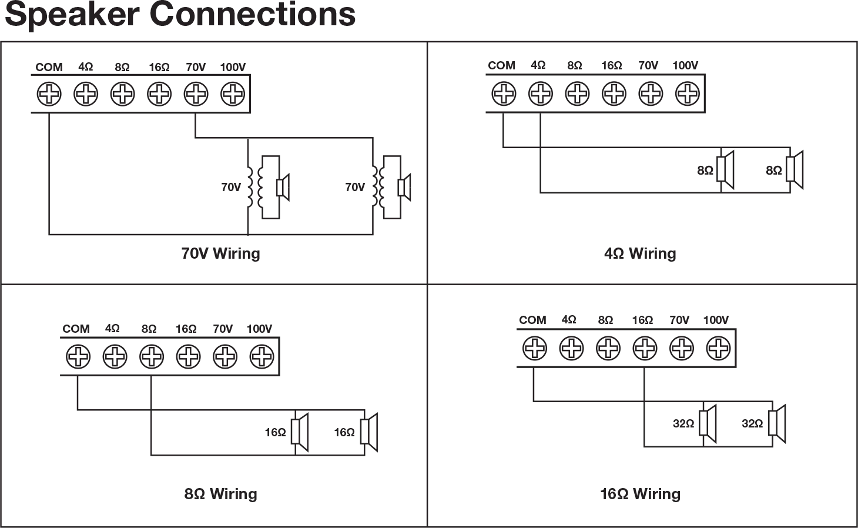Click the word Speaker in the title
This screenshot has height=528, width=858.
(71, 15)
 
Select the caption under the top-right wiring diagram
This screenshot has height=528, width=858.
(639, 253)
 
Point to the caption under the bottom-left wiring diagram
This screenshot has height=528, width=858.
(221, 494)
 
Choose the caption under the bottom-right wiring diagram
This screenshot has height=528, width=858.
(641, 494)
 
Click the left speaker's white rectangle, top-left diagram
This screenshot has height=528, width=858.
(280, 188)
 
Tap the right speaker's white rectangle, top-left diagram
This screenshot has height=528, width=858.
(401, 188)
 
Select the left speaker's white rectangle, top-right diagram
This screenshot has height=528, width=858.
(720, 169)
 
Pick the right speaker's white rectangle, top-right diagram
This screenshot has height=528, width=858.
(790, 169)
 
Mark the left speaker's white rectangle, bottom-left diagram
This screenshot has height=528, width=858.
(296, 432)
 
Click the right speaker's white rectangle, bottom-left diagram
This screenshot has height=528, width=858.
(365, 432)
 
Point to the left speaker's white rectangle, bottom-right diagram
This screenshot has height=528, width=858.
(703, 423)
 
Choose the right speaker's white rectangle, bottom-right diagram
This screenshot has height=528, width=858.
(773, 423)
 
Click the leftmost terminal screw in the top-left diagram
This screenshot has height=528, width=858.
(48, 92)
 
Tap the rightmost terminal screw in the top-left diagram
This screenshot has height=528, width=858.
(235, 92)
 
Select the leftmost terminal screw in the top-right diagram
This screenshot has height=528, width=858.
(502, 92)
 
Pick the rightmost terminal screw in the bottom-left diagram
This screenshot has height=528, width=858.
(262, 356)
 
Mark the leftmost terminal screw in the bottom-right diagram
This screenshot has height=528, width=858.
(534, 347)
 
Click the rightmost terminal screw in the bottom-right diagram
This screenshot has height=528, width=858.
(718, 347)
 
